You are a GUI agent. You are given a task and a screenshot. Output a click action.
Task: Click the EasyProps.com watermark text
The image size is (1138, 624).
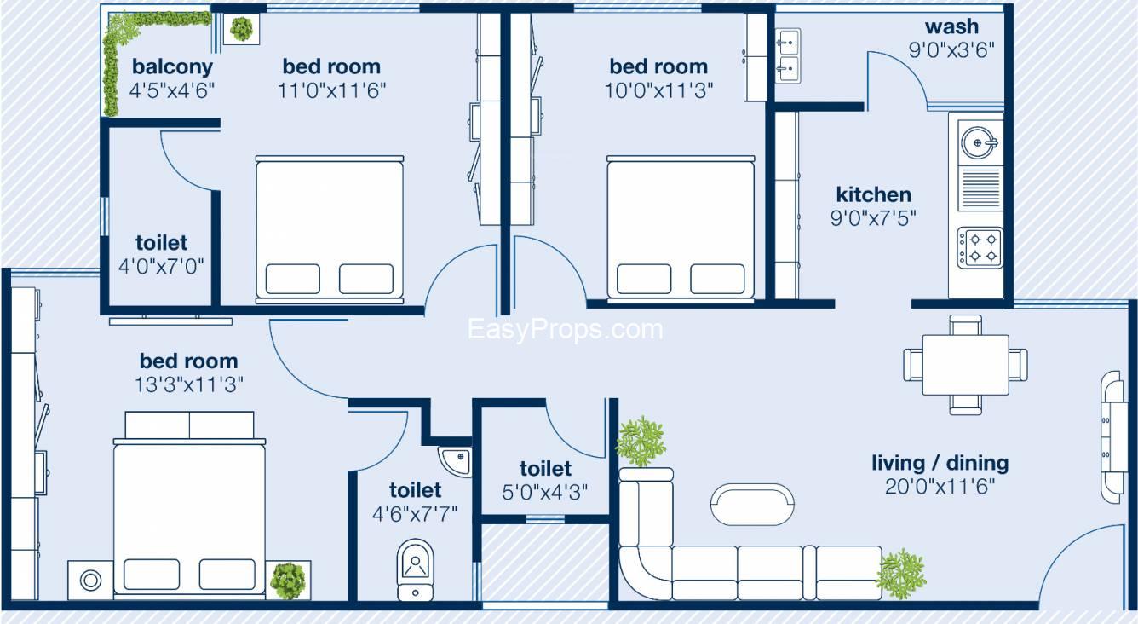click(565, 329)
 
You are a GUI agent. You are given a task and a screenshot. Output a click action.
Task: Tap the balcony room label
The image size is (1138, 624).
click(172, 66)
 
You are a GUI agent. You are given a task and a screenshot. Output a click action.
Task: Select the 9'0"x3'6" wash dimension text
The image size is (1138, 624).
click(951, 49)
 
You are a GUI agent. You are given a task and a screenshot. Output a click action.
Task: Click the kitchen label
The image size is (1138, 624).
click(873, 194)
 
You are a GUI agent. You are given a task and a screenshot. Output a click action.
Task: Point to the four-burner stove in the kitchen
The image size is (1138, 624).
click(980, 247)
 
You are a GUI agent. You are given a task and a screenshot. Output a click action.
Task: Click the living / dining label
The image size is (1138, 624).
click(940, 463)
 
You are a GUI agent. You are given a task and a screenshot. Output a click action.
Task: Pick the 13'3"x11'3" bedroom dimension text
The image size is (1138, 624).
click(189, 384)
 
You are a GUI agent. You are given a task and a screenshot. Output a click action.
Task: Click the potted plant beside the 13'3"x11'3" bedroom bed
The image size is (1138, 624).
click(288, 579)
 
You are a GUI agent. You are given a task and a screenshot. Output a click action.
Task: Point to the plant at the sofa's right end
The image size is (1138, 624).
click(901, 573)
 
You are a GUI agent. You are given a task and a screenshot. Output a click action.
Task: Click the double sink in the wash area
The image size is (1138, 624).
click(788, 54)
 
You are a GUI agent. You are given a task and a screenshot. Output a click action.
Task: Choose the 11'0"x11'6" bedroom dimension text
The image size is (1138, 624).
click(332, 90)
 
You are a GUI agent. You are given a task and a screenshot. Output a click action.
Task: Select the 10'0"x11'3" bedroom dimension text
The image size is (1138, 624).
click(658, 90)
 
